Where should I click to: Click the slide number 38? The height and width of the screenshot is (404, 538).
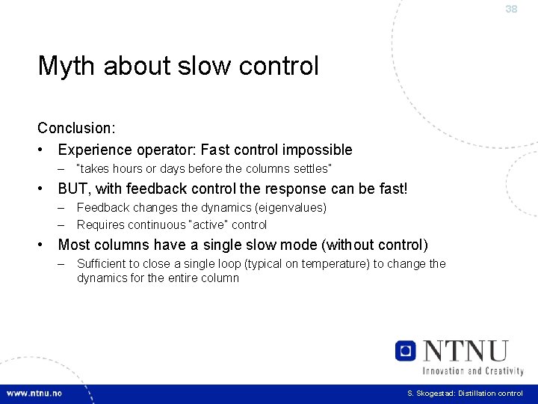pyautogui.click(x=511, y=9)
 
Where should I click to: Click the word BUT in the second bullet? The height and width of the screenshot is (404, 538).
pyautogui.click(x=75, y=189)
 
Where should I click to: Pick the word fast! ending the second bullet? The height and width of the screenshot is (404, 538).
pyautogui.click(x=390, y=189)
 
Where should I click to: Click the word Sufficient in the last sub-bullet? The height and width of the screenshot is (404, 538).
pyautogui.click(x=102, y=263)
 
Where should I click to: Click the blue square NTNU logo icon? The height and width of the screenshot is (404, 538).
pyautogui.click(x=406, y=350)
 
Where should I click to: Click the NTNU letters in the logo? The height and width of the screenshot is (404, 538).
pyautogui.click(x=464, y=350)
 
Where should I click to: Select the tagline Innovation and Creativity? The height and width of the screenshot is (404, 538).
pyautogui.click(x=473, y=370)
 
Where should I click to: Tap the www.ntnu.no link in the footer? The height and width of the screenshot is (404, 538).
pyautogui.click(x=34, y=394)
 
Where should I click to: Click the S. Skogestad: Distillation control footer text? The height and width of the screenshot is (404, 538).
pyautogui.click(x=465, y=394)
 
